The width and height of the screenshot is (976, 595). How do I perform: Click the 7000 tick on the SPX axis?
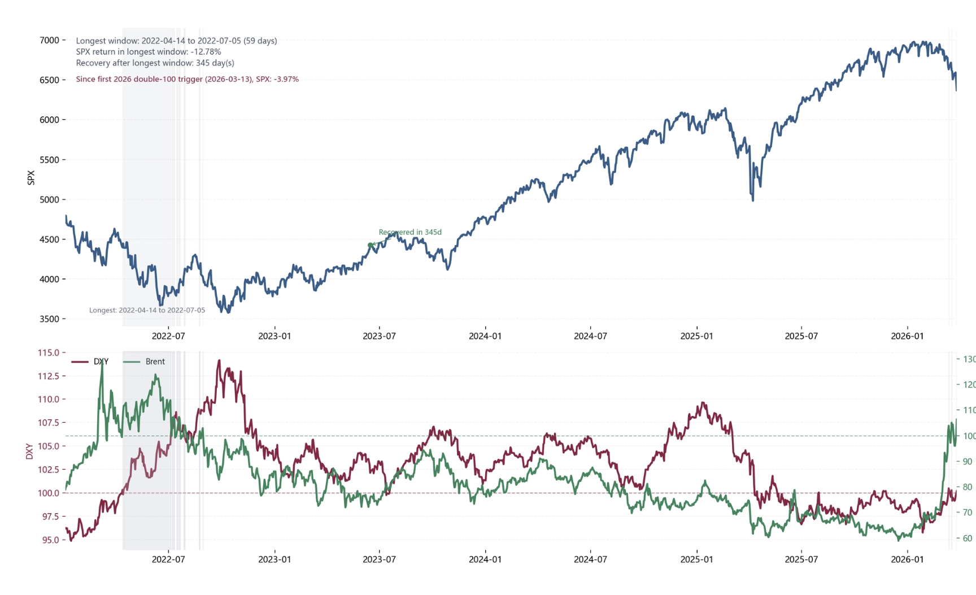click(x=49, y=40)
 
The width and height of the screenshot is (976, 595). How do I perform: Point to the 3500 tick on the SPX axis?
click(x=49, y=319)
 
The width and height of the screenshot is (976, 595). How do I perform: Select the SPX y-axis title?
click(x=31, y=177)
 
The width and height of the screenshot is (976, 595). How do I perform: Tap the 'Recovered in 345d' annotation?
click(x=410, y=232)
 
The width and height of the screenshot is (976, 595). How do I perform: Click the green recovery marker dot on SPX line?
click(x=371, y=245)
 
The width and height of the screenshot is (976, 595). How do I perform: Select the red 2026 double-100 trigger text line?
click(x=187, y=79)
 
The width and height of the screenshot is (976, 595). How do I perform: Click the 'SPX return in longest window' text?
click(x=149, y=51)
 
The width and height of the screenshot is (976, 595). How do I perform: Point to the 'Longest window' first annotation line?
click(x=176, y=41)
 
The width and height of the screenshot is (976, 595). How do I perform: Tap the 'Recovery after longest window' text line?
click(x=155, y=63)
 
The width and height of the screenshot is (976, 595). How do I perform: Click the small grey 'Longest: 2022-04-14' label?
click(x=147, y=310)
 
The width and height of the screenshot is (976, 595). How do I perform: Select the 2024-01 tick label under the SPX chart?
click(x=485, y=336)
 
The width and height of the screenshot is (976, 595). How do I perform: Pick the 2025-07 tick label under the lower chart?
click(x=801, y=559)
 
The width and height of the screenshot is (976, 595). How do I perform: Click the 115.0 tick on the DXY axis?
click(x=48, y=352)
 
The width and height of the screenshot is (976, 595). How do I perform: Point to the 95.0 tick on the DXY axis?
click(x=50, y=540)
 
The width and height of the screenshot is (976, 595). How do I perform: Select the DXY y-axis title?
click(x=29, y=451)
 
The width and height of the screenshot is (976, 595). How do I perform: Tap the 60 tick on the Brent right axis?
click(x=968, y=538)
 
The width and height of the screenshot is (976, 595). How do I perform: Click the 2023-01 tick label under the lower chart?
click(x=274, y=559)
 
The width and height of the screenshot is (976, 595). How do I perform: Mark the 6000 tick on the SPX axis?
click(x=49, y=120)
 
